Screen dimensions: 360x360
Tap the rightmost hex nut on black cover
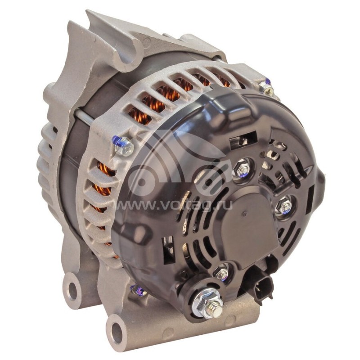pos(284,206)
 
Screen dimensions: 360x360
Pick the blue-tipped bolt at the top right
pos(267,88)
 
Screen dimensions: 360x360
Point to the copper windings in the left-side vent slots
pos(104,180)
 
